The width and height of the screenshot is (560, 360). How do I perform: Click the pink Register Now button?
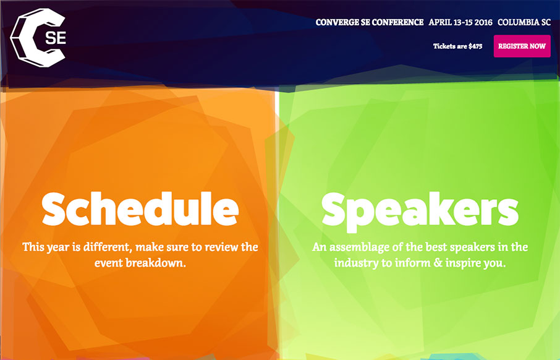(522, 46)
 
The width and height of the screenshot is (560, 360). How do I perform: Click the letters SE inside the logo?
(56, 38)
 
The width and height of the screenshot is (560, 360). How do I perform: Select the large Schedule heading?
(140, 209)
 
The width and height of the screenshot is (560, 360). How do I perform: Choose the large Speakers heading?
(420, 211)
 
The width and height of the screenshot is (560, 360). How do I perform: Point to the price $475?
(475, 46)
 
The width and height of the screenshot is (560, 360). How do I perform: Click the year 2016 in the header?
(483, 22)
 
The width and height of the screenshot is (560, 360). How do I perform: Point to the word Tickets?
(444, 46)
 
